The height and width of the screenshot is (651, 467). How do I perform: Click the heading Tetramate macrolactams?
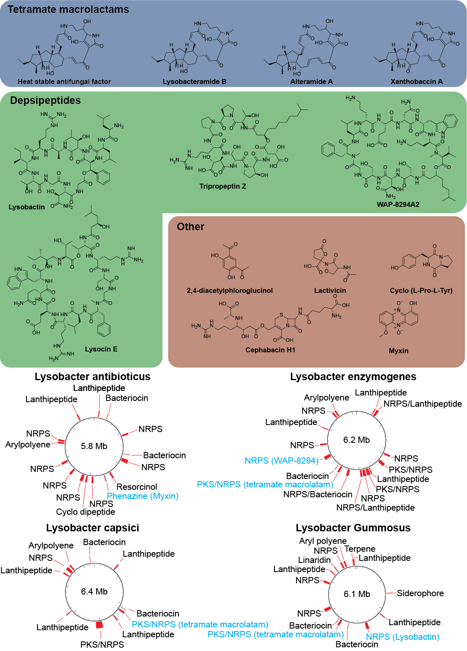tap(68, 10)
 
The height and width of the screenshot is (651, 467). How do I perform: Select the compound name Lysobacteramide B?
tap(194, 81)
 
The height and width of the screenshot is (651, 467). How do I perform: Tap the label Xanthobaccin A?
tap(416, 81)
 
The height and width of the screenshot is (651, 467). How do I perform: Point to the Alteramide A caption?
tap(311, 81)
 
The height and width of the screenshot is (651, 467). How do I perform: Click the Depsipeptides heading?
tap(45, 101)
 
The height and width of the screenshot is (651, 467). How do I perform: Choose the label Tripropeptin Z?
tap(222, 186)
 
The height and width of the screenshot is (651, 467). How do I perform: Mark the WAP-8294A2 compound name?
tap(398, 204)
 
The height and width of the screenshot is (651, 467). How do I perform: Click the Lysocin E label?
tap(101, 349)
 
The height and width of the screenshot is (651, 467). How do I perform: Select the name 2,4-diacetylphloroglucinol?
tap(230, 290)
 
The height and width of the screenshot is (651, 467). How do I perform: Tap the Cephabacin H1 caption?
tap(270, 350)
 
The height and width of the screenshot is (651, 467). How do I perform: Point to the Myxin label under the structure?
tap(398, 351)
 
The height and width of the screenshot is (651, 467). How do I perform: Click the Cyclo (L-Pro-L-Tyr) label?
tap(421, 290)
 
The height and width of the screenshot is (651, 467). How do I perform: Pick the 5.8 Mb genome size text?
tap(94, 446)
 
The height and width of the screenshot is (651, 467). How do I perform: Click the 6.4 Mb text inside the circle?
tap(94, 591)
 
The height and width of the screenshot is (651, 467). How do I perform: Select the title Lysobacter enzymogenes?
tap(353, 377)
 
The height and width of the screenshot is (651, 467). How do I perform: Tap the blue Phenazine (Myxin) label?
tap(143, 496)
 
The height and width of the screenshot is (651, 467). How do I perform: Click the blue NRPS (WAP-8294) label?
tap(282, 460)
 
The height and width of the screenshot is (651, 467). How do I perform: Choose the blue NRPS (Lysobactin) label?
tap(402, 636)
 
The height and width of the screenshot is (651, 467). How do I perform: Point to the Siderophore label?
tap(420, 593)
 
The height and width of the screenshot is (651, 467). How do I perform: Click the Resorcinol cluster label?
tap(136, 486)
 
